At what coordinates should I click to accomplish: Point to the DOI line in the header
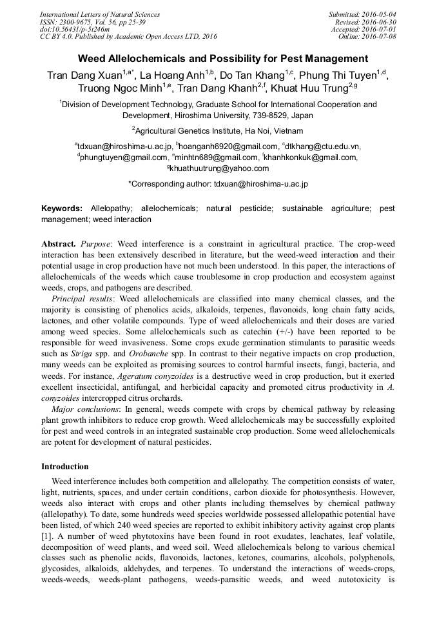[75, 29]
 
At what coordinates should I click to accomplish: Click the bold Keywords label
[62, 209]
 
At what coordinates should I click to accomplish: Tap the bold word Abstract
[59, 245]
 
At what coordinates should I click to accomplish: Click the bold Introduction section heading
[65, 466]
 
